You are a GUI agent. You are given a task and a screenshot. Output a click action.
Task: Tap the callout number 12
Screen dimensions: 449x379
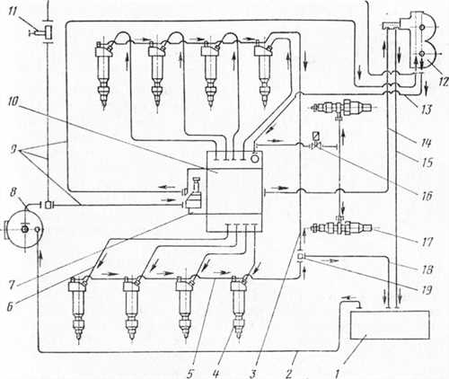point(444,80)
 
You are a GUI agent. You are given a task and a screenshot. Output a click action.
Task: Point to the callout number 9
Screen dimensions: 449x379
point(13,149)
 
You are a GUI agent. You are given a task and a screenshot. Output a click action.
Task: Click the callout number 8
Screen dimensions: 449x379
point(13,192)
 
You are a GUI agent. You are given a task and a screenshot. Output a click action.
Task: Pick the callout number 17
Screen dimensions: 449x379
point(427,242)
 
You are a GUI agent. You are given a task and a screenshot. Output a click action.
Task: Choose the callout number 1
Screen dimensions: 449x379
point(338,374)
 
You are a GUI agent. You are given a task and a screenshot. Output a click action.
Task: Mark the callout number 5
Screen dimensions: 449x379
point(190,374)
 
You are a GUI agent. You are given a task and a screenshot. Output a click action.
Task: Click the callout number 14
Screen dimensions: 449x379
point(427,143)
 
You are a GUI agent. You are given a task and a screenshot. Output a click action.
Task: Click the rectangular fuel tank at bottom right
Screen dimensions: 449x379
point(390,325)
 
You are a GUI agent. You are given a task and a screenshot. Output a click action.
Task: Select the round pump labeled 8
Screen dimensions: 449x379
point(24,230)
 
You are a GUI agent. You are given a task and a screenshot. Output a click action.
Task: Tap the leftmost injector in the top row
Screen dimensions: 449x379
point(104,75)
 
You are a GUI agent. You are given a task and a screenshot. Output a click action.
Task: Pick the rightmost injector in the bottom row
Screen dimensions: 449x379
point(239,307)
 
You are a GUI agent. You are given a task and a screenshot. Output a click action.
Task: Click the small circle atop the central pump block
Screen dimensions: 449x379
point(254,159)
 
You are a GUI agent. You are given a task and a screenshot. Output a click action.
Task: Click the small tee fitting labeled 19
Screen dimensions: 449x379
point(301,257)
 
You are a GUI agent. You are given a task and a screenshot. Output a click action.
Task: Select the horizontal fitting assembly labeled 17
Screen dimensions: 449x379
point(341,228)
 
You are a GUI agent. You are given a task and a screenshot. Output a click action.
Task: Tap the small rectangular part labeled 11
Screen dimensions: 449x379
point(48,32)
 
